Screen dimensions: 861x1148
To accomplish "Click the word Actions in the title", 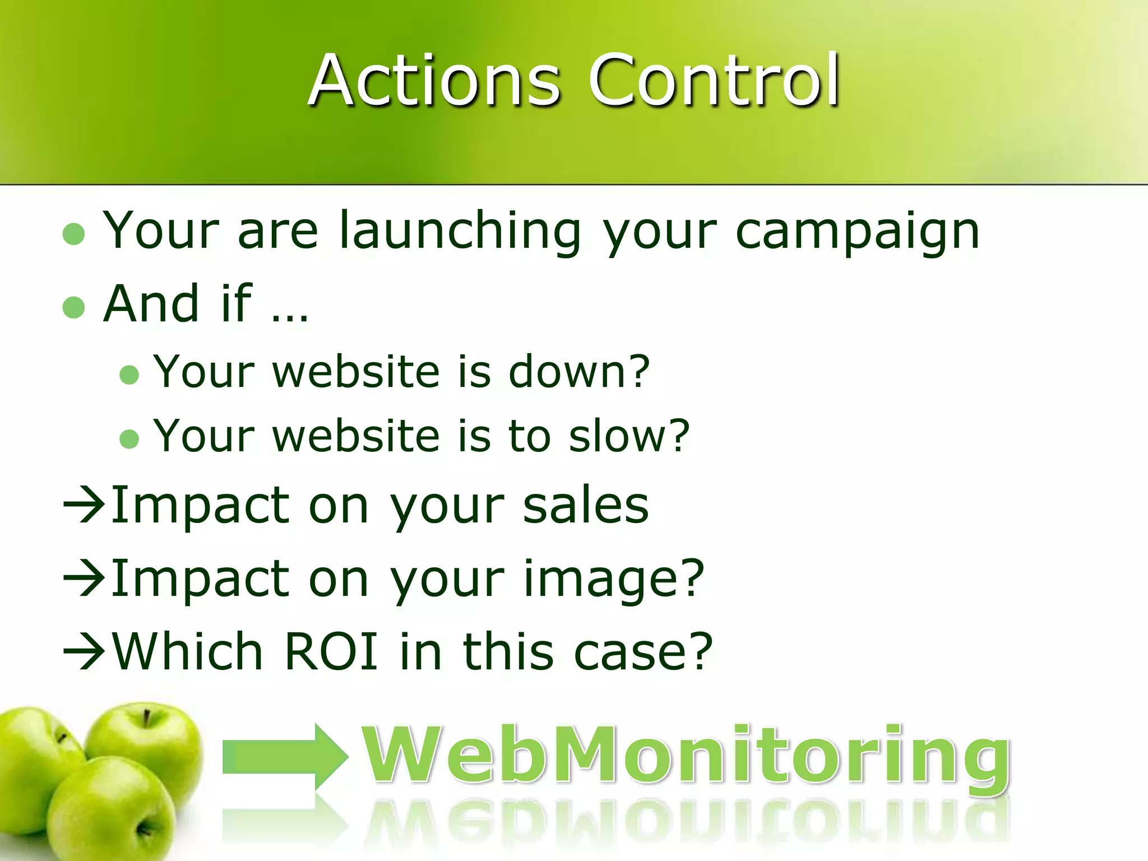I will click(x=434, y=80).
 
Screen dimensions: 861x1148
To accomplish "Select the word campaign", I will click(x=857, y=232).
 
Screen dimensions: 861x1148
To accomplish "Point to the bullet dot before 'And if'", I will click(x=74, y=307).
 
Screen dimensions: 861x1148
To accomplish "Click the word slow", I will click(x=621, y=436).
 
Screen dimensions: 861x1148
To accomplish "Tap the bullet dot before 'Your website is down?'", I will click(x=129, y=374).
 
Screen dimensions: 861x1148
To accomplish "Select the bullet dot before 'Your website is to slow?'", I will click(x=129, y=439).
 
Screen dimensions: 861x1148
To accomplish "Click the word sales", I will click(x=586, y=506).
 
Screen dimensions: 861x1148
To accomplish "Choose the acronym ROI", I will click(x=331, y=651).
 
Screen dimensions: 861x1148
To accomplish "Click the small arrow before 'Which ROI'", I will click(x=84, y=652).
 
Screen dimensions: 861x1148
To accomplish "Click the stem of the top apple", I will click(x=146, y=718).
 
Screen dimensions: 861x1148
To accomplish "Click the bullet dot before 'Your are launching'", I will click(x=74, y=234).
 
